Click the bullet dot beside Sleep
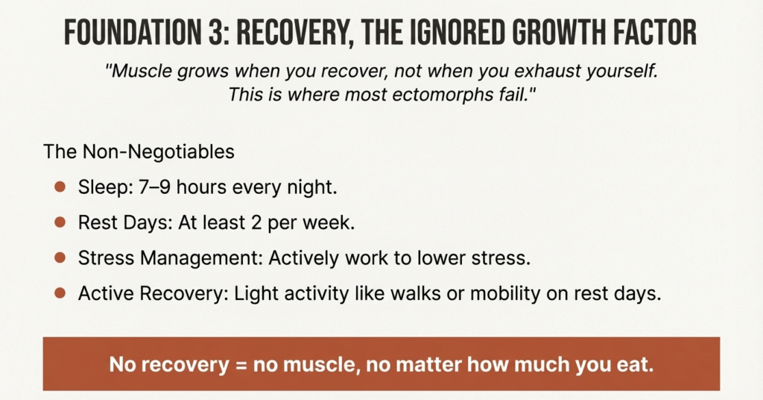tap(60, 187)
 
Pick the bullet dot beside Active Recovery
tap(60, 292)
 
